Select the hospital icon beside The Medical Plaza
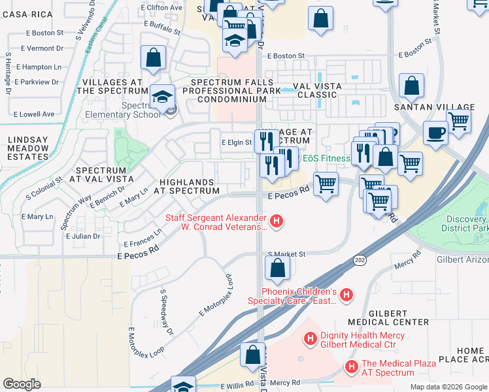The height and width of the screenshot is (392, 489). (x=352, y=367)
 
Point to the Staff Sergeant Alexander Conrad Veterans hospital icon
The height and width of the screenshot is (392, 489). (x=277, y=222)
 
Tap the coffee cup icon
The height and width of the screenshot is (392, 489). (x=435, y=133)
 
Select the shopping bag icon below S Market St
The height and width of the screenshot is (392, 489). (x=277, y=267)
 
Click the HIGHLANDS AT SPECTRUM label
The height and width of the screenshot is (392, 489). (x=186, y=186)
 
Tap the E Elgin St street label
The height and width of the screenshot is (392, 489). (x=236, y=142)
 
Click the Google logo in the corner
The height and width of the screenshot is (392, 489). (x=22, y=384)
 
